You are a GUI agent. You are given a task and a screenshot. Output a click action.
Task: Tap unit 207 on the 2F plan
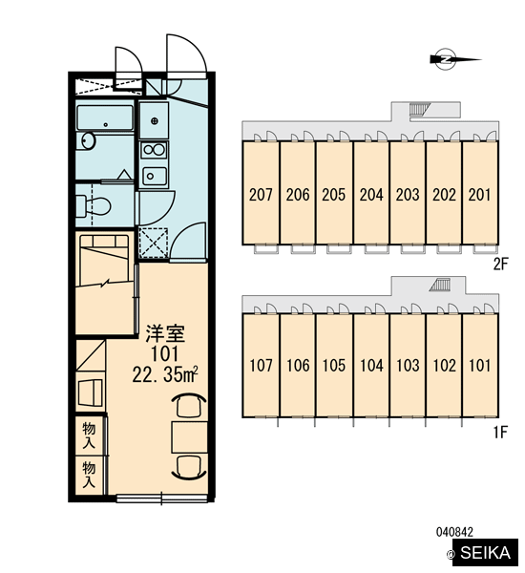(x=261, y=195)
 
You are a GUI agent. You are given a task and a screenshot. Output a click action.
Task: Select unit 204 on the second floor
(x=371, y=195)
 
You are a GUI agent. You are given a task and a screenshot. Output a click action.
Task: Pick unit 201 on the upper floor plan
(x=479, y=195)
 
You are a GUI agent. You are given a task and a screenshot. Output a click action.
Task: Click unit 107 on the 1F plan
(x=261, y=366)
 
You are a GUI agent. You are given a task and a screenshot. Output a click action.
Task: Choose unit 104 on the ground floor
(x=371, y=366)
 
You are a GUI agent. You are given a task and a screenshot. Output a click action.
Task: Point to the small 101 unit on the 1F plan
(x=479, y=366)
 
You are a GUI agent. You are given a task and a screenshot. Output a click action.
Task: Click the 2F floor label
(x=500, y=265)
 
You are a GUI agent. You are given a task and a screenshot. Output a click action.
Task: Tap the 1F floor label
(x=500, y=433)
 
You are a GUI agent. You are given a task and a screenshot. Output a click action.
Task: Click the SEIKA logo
(x=485, y=552)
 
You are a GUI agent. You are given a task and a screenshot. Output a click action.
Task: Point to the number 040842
(x=454, y=532)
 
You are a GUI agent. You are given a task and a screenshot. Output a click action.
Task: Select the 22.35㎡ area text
(x=165, y=374)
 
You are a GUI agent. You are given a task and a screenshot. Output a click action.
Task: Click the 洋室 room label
(x=165, y=333)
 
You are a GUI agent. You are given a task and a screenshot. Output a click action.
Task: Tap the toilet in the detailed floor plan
(x=93, y=205)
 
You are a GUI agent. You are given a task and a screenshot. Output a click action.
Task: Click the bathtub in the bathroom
(x=105, y=117)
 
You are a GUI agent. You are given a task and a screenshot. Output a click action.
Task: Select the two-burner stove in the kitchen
(x=154, y=150)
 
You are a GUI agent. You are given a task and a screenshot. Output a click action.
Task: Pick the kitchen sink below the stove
(x=155, y=177)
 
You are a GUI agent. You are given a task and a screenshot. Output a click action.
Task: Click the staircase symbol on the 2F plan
(x=419, y=109)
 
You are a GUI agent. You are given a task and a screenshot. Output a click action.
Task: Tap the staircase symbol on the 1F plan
(x=439, y=285)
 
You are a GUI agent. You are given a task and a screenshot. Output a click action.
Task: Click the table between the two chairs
(x=190, y=437)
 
